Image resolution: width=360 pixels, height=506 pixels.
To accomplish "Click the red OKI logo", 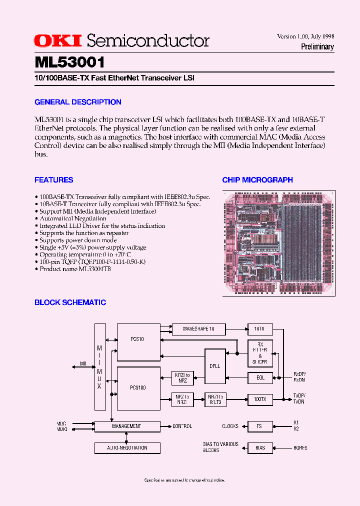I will pos(59,41).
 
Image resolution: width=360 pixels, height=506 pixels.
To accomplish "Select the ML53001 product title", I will pos(69,62).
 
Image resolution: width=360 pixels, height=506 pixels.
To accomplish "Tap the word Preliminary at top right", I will pos(317,47).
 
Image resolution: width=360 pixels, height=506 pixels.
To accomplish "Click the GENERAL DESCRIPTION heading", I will pos(78,102).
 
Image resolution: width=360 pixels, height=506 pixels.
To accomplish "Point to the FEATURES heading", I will pos(54,180).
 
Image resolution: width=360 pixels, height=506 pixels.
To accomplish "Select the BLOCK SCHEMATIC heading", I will pos(70,302).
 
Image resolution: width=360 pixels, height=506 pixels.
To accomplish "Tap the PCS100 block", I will pos(138,388).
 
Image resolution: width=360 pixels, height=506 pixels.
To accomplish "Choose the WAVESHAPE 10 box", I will pos(198,329).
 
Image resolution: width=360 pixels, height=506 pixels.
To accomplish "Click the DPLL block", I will pos(215,366).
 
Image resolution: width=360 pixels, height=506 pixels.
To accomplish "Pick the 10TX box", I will pos(260,329).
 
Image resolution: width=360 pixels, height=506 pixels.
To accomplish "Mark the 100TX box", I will pos(260,399).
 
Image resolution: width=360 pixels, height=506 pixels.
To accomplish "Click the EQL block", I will pos(260,377).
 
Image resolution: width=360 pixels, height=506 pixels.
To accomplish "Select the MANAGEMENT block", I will pos(127,426).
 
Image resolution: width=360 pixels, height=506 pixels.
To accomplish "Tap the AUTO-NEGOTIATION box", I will pos(127,448).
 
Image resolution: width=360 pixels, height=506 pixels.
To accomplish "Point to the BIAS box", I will pos(260,448).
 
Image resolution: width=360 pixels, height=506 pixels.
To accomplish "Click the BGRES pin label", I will pos(300,448).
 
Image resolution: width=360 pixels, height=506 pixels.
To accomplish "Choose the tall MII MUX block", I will pos(100,366).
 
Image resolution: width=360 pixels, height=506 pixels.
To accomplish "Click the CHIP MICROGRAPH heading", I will pos(257,180).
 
